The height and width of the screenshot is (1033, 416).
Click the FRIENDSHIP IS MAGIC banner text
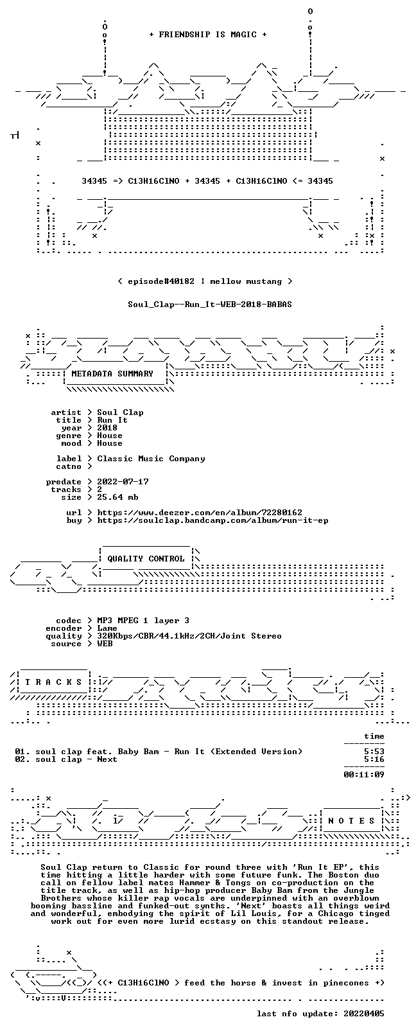pyautogui.click(x=208, y=35)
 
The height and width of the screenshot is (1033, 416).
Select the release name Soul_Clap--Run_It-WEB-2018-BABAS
pyautogui.click(x=210, y=305)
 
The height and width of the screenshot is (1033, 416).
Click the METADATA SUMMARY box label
pyautogui.click(x=112, y=373)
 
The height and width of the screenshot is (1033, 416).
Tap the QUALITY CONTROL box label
pyautogui.click(x=146, y=558)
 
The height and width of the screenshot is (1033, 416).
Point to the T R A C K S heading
pyautogui.click(x=53, y=682)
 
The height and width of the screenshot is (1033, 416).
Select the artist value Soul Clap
pyautogui.click(x=120, y=412)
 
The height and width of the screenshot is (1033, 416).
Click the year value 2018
pyautogui.click(x=107, y=427)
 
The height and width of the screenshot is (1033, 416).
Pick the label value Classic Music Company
pyautogui.click(x=151, y=459)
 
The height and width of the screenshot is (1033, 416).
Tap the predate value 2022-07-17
pyautogui.click(x=123, y=481)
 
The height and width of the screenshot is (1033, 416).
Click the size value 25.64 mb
pyautogui.click(x=117, y=497)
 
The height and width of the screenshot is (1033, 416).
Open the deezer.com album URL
pyautogui.click(x=200, y=513)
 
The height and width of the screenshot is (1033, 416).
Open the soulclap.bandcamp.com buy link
pyautogui.click(x=213, y=520)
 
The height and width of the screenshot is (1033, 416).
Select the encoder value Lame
pyautogui.click(x=107, y=628)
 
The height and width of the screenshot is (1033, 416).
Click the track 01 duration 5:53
pyautogui.click(x=374, y=752)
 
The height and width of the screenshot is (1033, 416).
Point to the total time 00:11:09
pyautogui.click(x=364, y=775)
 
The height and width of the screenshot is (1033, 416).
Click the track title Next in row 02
pyautogui.click(x=107, y=759)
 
